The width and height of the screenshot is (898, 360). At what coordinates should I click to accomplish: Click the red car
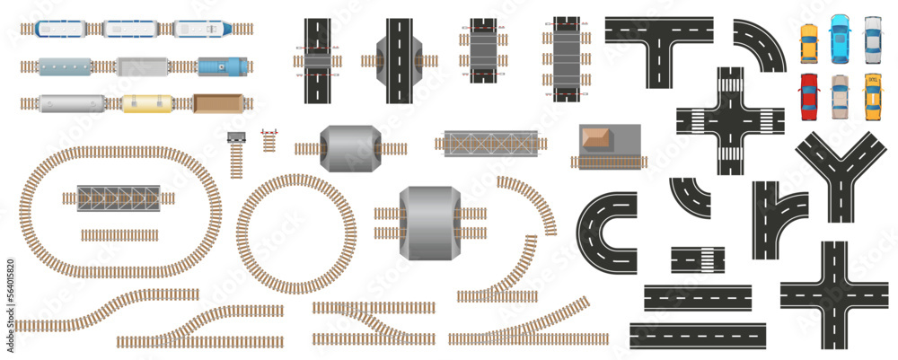(810, 96)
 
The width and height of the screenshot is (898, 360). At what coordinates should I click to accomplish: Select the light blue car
(841, 38)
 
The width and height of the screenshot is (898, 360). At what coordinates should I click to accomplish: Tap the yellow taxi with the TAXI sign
(871, 96)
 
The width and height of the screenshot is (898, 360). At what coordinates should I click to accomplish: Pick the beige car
(841, 96)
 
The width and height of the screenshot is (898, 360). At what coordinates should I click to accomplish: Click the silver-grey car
(872, 38)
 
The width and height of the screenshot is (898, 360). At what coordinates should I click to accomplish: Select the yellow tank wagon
(145, 104)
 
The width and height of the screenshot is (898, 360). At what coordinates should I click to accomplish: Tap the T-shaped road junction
(659, 36)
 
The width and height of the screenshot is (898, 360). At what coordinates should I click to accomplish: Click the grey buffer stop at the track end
(237, 137)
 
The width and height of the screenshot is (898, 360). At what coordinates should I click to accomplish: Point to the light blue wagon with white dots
(65, 67)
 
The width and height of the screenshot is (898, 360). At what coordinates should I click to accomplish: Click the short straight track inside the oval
(119, 235)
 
